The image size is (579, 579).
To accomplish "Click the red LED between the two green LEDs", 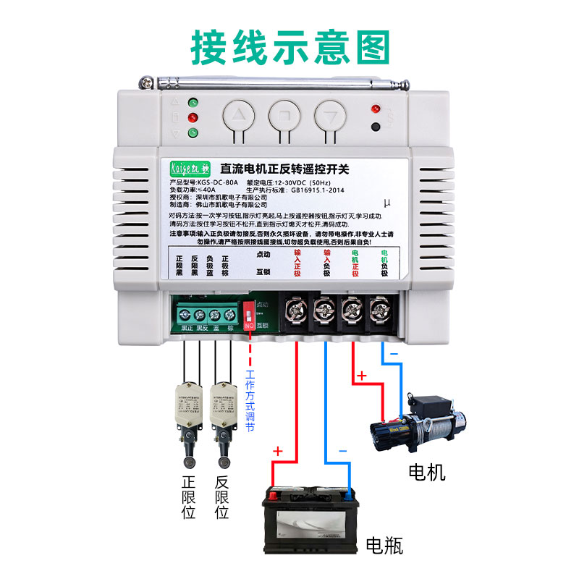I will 193,117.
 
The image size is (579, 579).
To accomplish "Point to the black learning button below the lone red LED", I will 375,127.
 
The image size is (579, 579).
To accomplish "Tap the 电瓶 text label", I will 384,544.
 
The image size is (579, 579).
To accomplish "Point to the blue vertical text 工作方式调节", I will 250,402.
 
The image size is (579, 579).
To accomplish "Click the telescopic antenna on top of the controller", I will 275,80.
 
